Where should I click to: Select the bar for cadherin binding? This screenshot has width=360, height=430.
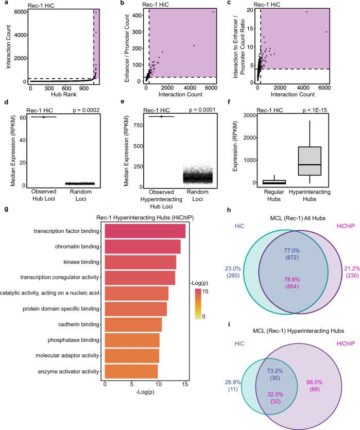133,325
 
